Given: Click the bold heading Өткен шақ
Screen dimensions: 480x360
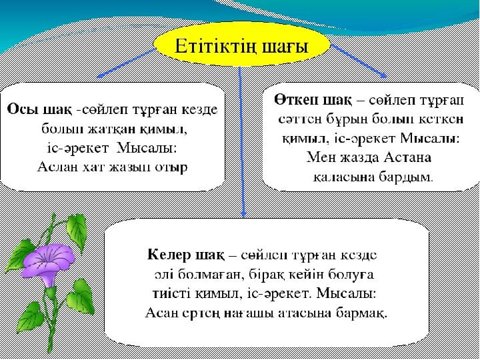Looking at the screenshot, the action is coord(312,100).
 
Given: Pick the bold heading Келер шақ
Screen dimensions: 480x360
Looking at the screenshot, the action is coord(185,255).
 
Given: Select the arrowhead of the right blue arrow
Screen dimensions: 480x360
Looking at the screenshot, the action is coord(383,75).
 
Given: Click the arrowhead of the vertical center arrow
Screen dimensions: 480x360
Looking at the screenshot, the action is coord(243,214).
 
